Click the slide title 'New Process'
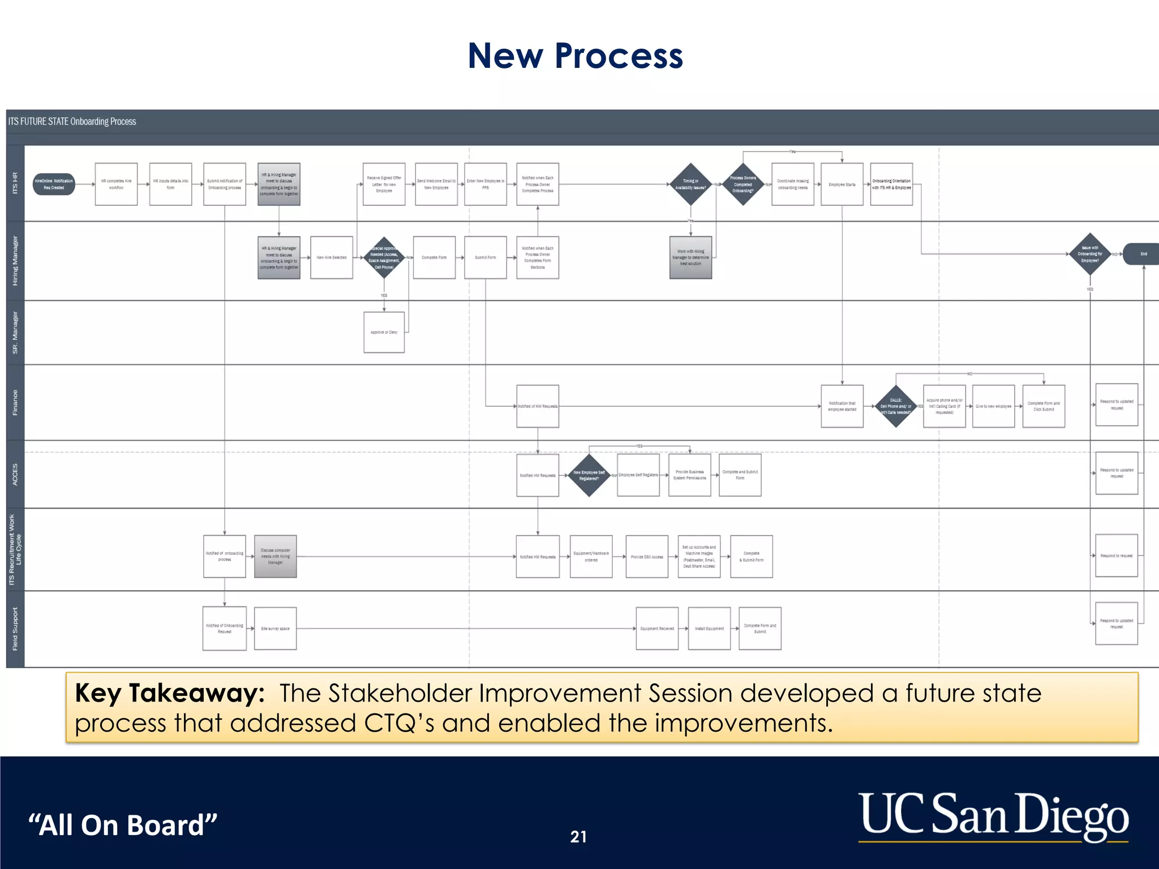tap(575, 56)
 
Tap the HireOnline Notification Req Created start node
tap(54, 184)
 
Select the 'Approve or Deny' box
tap(384, 333)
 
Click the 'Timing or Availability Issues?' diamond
tap(690, 184)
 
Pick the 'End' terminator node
tap(1142, 254)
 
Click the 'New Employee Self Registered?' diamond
tap(589, 475)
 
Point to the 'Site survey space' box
tap(275, 629)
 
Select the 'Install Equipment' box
tap(709, 629)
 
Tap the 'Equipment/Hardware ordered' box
tap(591, 557)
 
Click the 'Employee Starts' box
tap(842, 184)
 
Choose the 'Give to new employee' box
tap(993, 406)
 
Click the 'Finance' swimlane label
tap(15, 402)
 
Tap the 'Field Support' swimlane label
tap(15, 629)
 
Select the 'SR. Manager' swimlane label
tap(15, 333)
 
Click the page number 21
tap(578, 837)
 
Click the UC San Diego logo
tap(993, 816)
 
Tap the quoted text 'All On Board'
tap(123, 825)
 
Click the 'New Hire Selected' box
tap(332, 257)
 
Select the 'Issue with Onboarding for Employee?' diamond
tap(1089, 254)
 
